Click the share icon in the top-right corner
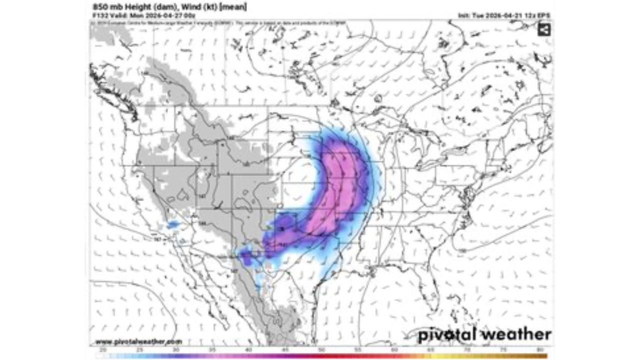[544, 29]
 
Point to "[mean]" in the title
[233, 7]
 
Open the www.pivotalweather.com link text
[136, 341]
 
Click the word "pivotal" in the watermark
[447, 334]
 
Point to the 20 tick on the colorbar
[102, 349]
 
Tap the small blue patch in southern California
[173, 224]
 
